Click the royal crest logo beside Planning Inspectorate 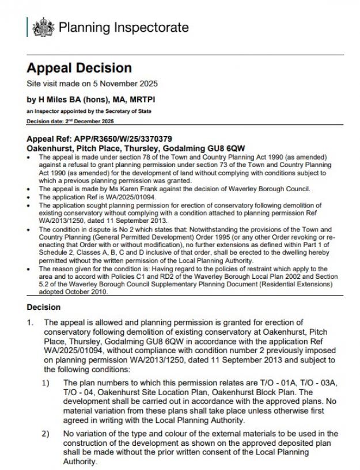click(x=44, y=27)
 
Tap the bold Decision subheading click(x=43, y=307)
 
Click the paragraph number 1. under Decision click(x=30, y=323)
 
